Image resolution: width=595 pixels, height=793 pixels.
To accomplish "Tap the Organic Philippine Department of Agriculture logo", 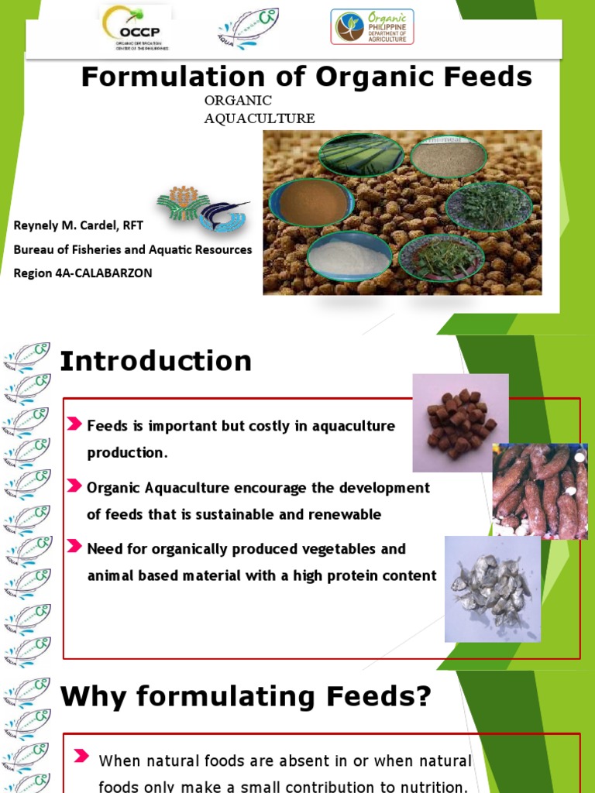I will (x=372, y=26).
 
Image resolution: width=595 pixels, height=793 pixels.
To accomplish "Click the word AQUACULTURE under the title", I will (x=259, y=118).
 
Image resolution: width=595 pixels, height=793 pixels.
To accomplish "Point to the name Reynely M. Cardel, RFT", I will (x=78, y=225).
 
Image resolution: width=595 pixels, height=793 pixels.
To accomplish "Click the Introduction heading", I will (x=156, y=361).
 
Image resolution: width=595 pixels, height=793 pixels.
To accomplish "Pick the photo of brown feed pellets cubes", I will (x=460, y=423).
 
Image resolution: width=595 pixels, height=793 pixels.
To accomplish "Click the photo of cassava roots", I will (x=540, y=491).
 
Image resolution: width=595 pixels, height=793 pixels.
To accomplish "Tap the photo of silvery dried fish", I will (x=492, y=589).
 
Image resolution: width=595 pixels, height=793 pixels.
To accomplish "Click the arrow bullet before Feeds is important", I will (x=74, y=424).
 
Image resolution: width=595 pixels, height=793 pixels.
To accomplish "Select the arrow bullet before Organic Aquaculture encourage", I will (x=74, y=486).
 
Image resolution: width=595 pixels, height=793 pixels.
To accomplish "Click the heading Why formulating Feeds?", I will (x=246, y=697).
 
